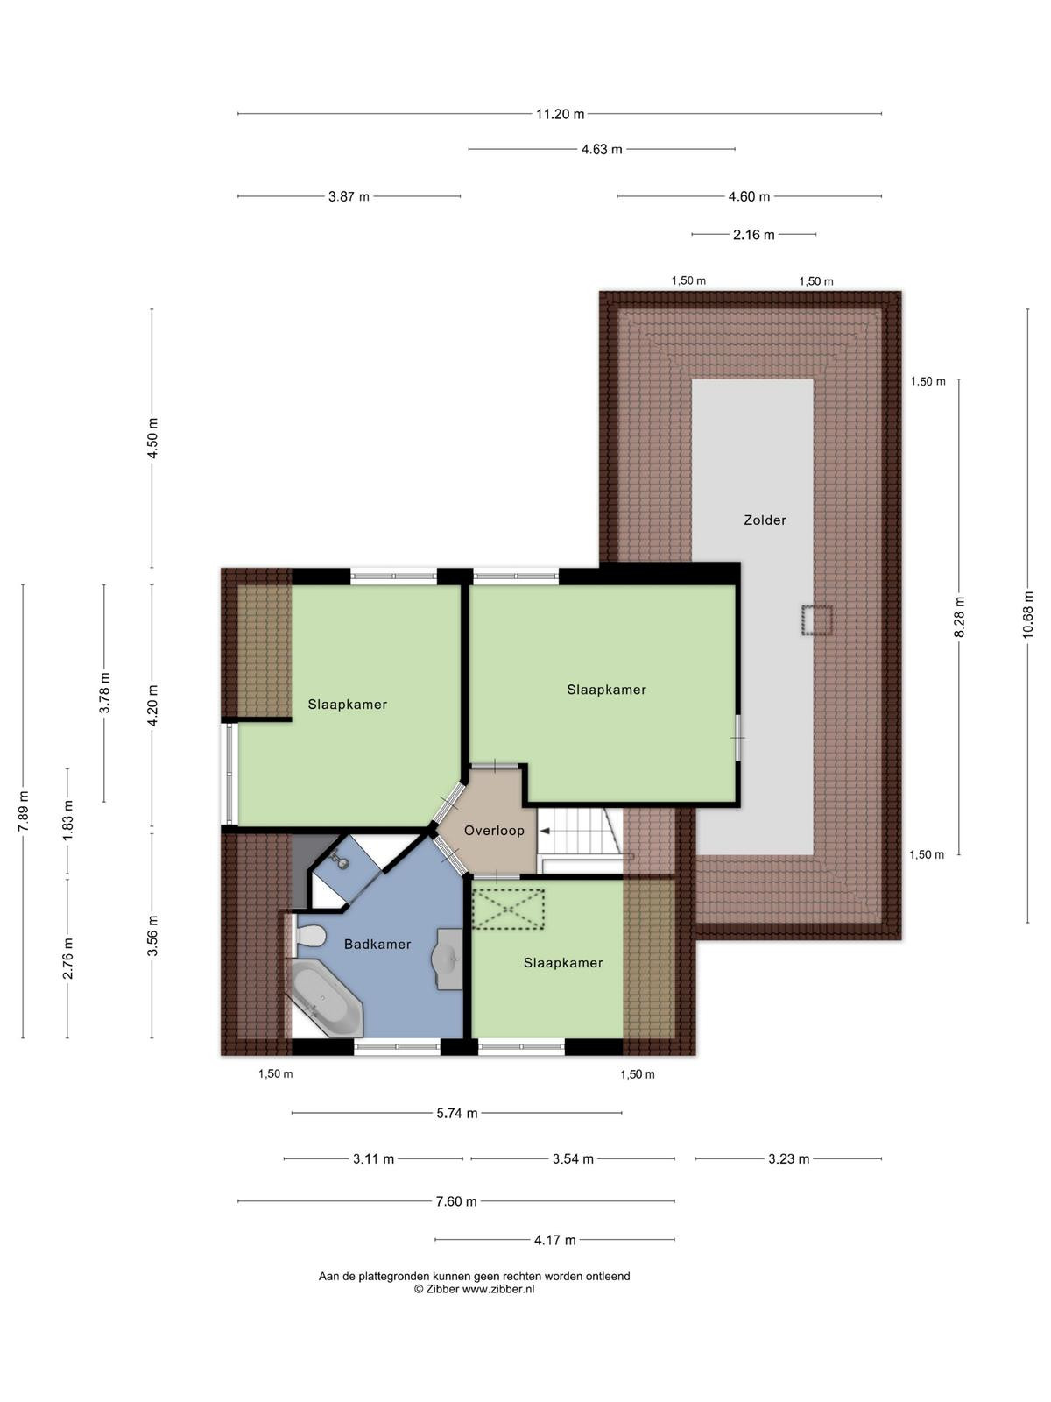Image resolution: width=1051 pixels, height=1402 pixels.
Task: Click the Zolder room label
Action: (x=765, y=520)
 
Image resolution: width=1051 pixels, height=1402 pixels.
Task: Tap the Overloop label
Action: (x=494, y=831)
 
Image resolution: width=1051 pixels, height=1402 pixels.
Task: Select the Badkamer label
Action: (x=377, y=944)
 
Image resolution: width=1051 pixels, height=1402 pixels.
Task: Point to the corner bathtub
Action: (x=326, y=1002)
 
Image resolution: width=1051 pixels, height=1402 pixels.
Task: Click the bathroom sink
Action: (x=449, y=959)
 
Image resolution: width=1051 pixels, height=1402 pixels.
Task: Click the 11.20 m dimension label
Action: (x=560, y=114)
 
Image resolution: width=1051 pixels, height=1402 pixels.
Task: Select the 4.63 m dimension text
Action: (x=601, y=150)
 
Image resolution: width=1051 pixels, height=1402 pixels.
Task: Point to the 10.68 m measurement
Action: (x=1027, y=615)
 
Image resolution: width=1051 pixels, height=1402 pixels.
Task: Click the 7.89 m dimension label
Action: (x=23, y=811)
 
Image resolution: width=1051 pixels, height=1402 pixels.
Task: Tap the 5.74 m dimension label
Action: (x=457, y=1114)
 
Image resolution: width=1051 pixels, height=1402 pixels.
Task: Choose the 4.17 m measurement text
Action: (x=554, y=1241)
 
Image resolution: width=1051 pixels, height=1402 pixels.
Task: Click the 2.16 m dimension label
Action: (x=753, y=235)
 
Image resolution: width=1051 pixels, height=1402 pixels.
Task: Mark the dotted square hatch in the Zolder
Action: (x=817, y=620)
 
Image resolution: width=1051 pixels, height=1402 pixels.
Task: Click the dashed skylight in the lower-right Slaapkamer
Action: (x=508, y=909)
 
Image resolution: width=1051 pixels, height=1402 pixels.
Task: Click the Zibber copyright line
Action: (x=474, y=1290)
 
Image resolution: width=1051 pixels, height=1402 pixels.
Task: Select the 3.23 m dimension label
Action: (x=788, y=1159)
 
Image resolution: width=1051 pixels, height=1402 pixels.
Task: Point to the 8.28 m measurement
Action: (x=959, y=616)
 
